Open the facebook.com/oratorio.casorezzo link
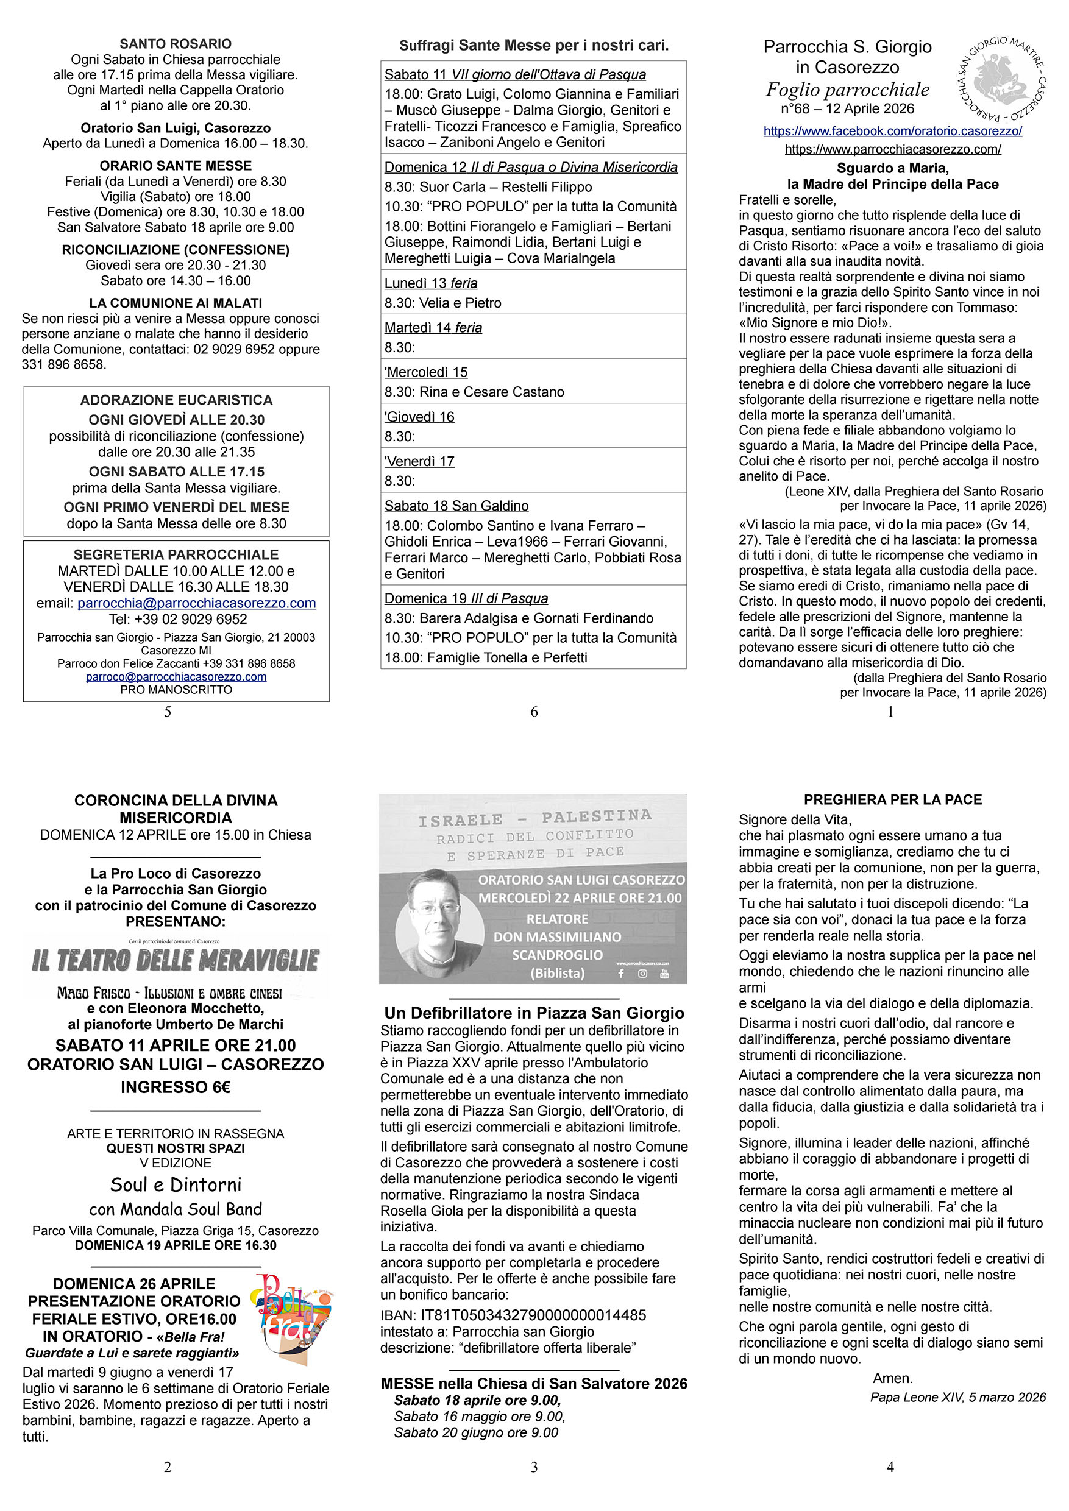click(893, 131)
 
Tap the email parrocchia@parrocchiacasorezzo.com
click(196, 603)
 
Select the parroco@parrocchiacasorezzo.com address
click(176, 676)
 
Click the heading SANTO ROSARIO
click(175, 44)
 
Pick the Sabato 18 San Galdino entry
click(456, 506)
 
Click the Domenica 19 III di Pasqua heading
click(466, 598)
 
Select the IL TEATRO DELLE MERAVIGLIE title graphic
click(175, 960)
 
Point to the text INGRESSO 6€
click(175, 1087)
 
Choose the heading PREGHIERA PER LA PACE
click(893, 799)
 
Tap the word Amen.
click(893, 1378)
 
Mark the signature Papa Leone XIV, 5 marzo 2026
click(957, 1397)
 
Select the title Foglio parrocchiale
click(847, 90)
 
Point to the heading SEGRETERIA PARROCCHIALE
click(176, 555)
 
